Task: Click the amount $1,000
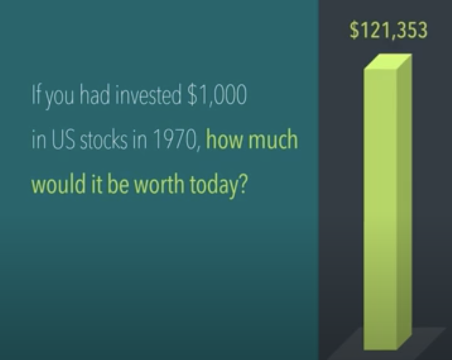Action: pos(217,95)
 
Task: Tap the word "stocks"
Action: pos(103,140)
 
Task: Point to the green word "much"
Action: pos(273,139)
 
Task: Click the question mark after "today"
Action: pos(244,184)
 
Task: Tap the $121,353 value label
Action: pos(388,30)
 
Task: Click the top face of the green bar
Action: pos(388,61)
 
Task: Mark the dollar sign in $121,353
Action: pos(354,30)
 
